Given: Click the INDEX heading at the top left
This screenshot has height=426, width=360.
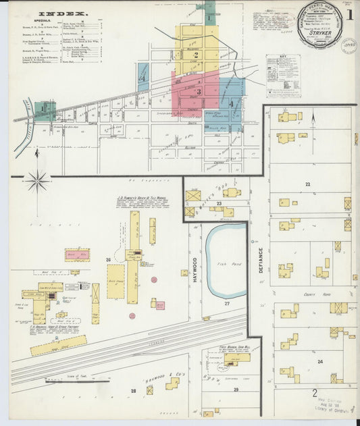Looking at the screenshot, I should click(62, 13).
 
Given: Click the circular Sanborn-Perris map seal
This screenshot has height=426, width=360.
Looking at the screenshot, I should click(320, 26).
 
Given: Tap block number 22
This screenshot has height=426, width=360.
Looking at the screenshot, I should click(307, 184).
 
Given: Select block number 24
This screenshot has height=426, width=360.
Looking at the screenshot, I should click(320, 362).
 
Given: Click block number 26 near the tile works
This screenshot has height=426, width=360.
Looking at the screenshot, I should click(108, 259).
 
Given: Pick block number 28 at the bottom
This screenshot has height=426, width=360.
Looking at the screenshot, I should click(134, 391).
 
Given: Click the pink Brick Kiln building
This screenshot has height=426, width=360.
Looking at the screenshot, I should click(77, 255).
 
